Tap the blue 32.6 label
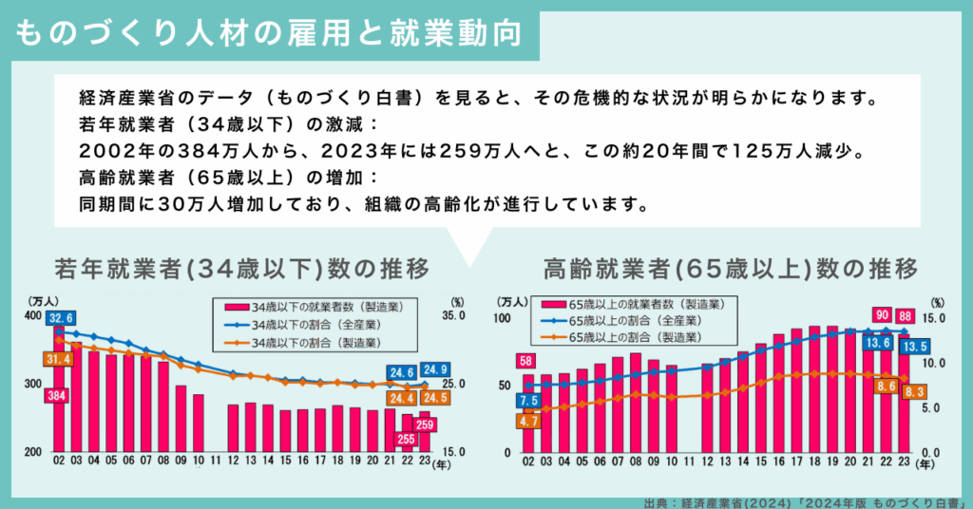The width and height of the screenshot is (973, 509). click(61, 317)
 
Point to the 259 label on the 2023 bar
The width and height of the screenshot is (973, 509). click(425, 424)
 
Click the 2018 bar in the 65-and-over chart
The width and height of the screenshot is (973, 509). click(814, 388)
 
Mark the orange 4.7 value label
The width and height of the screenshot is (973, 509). click(529, 421)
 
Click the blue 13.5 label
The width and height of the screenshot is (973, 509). click(915, 348)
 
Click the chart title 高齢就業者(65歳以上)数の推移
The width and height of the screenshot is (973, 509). click(731, 269)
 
